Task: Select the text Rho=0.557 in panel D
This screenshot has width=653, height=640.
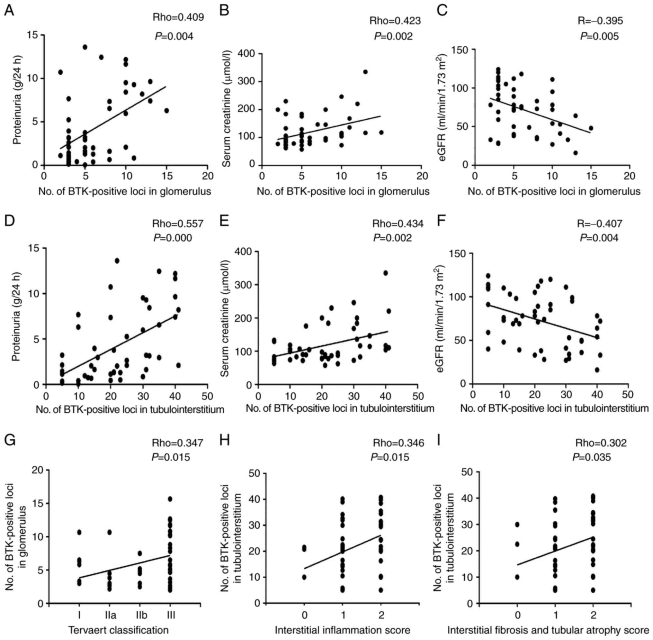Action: (x=178, y=224)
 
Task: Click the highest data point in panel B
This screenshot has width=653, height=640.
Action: (x=365, y=72)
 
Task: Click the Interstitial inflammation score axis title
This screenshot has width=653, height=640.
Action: (x=343, y=630)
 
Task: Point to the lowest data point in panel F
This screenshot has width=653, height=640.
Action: (x=597, y=370)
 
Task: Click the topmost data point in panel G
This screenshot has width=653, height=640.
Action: (x=170, y=499)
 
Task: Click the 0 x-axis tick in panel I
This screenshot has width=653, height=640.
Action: (x=518, y=615)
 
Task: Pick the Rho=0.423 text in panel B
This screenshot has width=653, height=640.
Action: (x=395, y=21)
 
